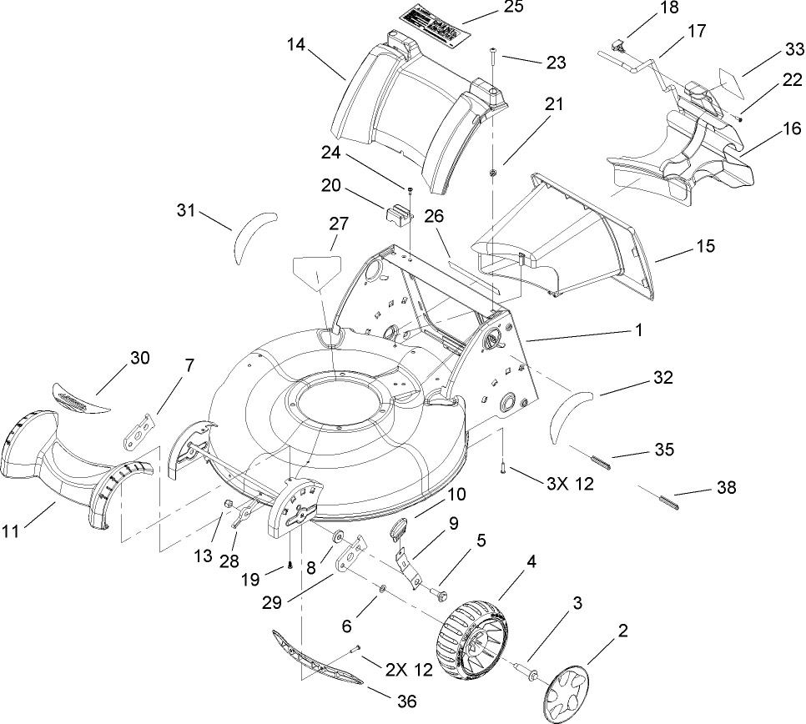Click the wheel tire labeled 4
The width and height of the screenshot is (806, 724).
[x=471, y=636]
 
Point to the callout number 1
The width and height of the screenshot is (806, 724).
[x=638, y=330]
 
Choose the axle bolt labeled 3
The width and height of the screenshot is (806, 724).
[x=526, y=666]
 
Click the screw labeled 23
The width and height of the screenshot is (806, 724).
[x=493, y=56]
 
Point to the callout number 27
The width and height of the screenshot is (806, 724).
[x=339, y=224]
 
